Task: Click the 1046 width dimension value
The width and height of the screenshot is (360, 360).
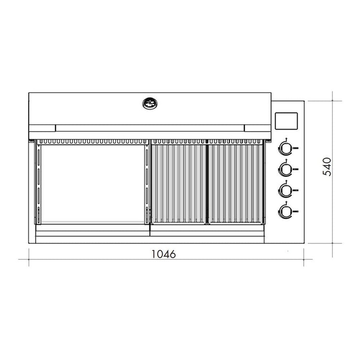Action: click(164, 254)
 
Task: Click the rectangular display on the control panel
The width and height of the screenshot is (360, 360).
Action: click(286, 120)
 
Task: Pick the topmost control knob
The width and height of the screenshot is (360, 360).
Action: click(286, 148)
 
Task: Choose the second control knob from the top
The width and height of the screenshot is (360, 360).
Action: click(286, 168)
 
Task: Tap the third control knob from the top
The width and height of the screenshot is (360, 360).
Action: click(286, 190)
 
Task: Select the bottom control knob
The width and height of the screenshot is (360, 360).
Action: click(286, 210)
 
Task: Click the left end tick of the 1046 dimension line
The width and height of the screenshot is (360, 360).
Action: click(29, 260)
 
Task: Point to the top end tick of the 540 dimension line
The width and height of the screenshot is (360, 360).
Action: click(335, 101)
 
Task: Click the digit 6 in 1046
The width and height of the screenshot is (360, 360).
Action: click(172, 254)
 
